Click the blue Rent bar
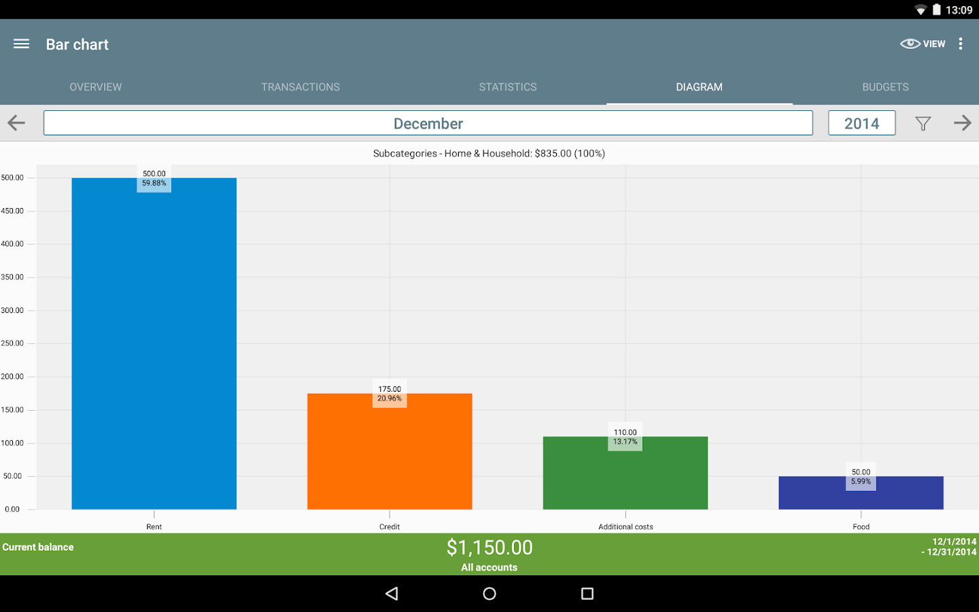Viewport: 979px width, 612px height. click(154, 343)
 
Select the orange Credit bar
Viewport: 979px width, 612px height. click(390, 452)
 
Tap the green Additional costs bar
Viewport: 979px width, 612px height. click(625, 473)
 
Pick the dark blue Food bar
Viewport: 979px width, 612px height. click(861, 493)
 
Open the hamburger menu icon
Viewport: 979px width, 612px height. click(22, 44)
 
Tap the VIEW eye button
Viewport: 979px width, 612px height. click(923, 44)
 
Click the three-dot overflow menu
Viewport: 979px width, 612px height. click(961, 44)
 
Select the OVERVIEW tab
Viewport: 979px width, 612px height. click(96, 87)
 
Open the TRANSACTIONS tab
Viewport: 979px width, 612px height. click(300, 87)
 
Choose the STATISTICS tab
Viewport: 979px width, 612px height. click(508, 87)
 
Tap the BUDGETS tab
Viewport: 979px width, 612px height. click(885, 87)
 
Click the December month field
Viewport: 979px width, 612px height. click(428, 124)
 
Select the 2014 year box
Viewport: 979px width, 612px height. click(861, 124)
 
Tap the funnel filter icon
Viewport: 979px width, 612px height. click(923, 124)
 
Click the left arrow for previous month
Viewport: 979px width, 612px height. click(16, 123)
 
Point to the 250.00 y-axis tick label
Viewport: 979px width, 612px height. click(12, 343)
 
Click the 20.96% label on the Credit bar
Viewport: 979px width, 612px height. click(390, 399)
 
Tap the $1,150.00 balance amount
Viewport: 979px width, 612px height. click(489, 547)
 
